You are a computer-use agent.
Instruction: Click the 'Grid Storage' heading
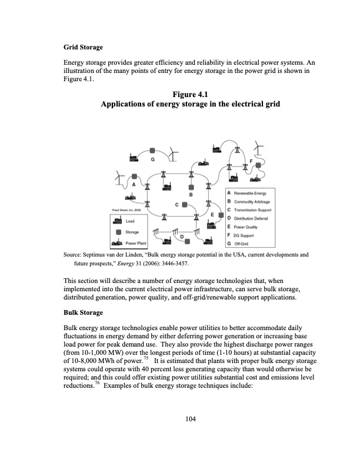(x=84, y=46)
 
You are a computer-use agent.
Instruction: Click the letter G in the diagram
(x=153, y=159)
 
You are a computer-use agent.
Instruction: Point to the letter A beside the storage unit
(x=134, y=184)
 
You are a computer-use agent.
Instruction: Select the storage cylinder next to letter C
(x=185, y=205)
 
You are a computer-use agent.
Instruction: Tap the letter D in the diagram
(x=182, y=236)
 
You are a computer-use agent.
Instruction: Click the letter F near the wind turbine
(x=251, y=160)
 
